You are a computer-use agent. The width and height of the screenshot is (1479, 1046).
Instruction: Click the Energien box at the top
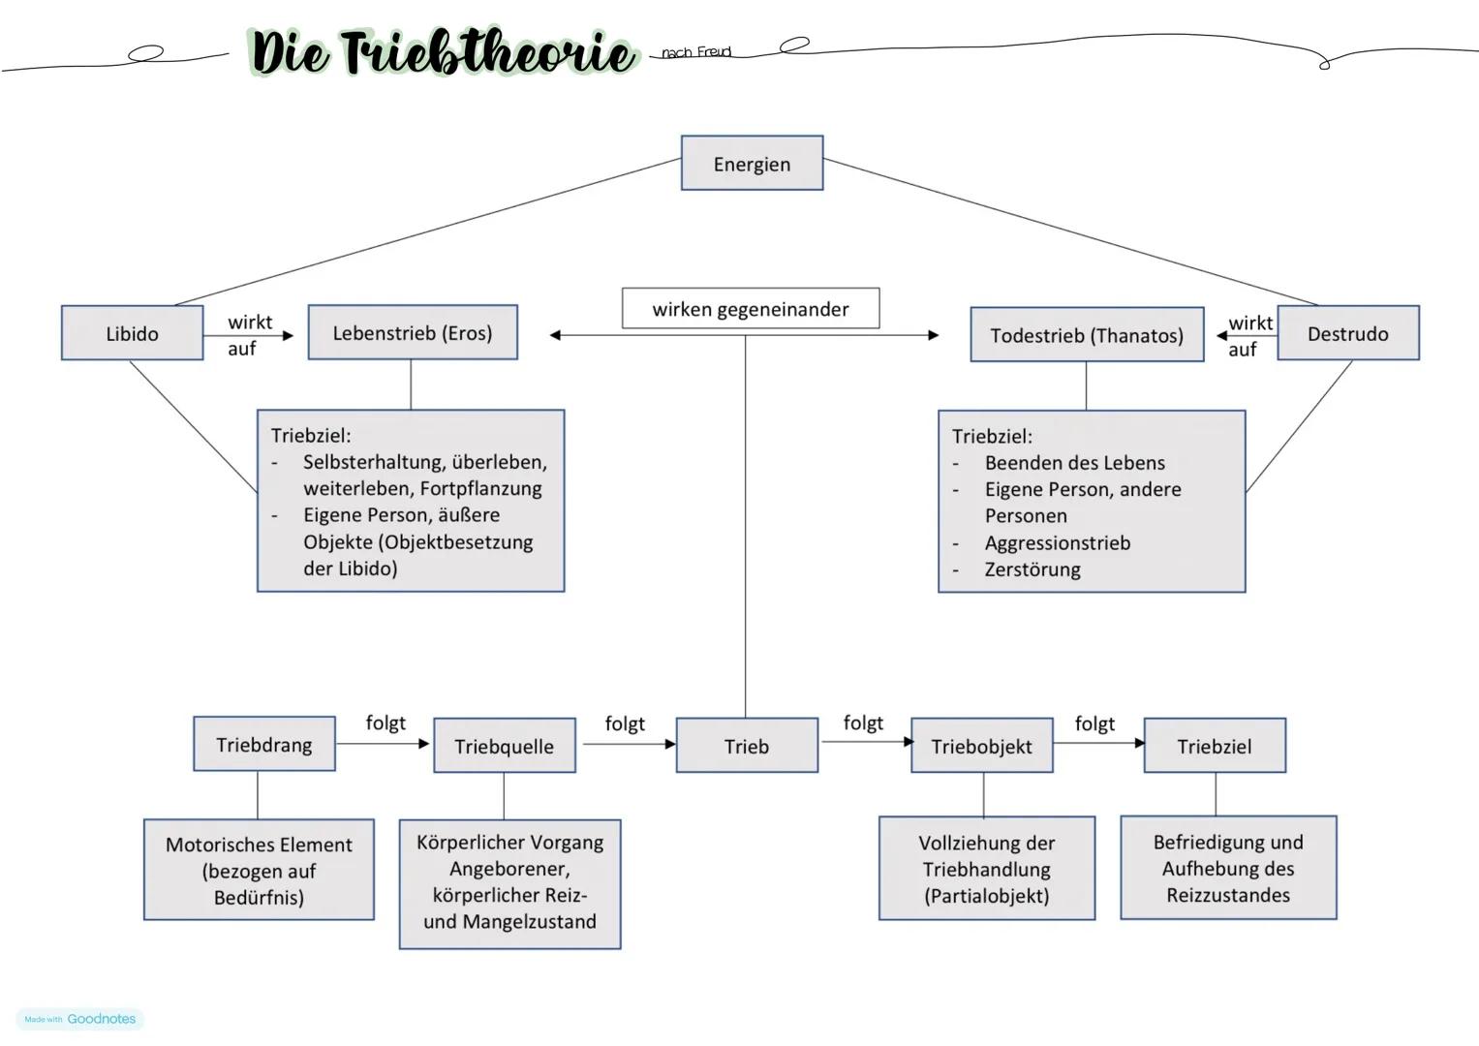coord(752,163)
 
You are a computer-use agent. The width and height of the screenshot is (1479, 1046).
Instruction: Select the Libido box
coord(132,333)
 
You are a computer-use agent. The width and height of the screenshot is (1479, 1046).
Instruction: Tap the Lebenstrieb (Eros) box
coord(413,332)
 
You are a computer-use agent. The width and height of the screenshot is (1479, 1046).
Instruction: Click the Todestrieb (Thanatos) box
coord(1087,335)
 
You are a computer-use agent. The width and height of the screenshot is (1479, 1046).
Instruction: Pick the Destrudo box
coord(1347,333)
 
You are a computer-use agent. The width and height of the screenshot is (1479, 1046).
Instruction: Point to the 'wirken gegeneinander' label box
coord(751,308)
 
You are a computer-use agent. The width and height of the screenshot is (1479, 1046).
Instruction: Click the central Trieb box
coord(747,746)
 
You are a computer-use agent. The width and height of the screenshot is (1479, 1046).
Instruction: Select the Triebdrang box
coord(264,744)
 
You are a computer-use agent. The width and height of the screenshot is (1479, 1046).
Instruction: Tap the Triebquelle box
coord(505,746)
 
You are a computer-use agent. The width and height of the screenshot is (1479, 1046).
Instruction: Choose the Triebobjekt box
coord(982,746)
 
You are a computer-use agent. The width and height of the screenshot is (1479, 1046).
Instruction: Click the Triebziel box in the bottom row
coord(1215,746)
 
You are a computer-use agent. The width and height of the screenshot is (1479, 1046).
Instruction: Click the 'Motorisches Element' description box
coord(259,870)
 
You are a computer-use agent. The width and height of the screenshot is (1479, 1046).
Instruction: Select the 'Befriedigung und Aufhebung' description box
coord(1228,868)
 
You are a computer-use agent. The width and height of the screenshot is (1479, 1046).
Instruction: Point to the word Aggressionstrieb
coord(1058,542)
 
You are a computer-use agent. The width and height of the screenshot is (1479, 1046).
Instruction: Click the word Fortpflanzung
coord(480,488)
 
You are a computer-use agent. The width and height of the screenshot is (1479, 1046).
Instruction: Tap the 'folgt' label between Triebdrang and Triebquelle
coord(385,723)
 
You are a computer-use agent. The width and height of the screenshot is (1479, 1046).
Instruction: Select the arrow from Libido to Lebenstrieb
coord(249,335)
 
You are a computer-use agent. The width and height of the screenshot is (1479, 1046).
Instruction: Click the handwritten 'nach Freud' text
coord(696,51)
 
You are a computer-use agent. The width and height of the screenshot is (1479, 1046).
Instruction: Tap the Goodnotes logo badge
coord(80,1019)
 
